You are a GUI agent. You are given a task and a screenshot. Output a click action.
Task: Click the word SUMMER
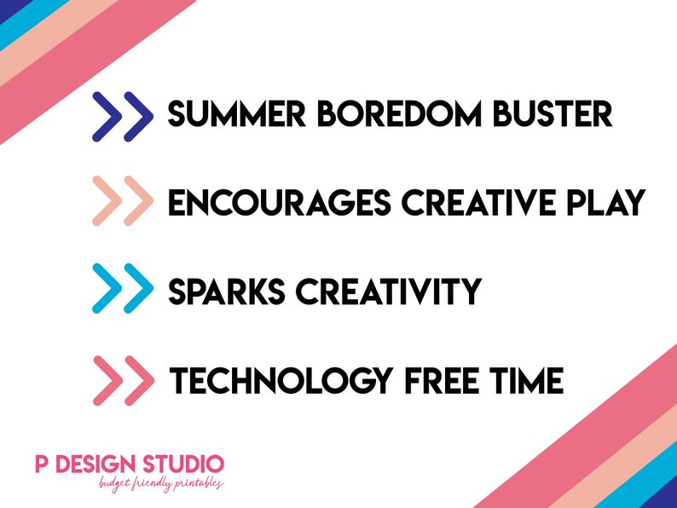point(236,114)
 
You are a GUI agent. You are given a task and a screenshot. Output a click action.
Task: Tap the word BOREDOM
point(399,114)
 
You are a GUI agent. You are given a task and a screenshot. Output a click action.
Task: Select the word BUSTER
point(553,114)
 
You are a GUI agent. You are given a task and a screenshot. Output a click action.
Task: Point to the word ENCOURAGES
point(280,202)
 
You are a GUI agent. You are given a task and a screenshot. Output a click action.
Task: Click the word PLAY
point(606,202)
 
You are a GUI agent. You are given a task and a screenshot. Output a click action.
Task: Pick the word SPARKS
point(226,292)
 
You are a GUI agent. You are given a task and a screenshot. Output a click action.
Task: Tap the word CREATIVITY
point(389,292)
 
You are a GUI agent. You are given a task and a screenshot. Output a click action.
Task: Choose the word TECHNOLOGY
point(281,380)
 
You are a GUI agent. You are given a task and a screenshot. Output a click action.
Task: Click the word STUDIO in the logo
point(183,464)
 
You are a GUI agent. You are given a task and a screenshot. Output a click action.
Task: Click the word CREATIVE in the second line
point(478,202)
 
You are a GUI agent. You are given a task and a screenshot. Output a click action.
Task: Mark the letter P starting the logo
point(42,464)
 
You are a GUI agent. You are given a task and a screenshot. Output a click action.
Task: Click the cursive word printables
point(198,484)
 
